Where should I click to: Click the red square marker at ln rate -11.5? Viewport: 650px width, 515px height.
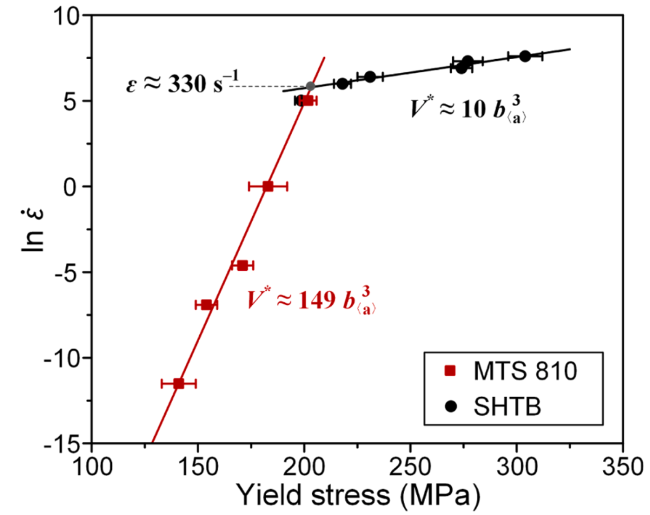[179, 383]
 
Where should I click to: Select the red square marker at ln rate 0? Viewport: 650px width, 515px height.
[268, 187]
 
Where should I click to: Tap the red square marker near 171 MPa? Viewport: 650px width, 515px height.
[243, 265]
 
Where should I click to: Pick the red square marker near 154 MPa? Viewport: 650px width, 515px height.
[206, 304]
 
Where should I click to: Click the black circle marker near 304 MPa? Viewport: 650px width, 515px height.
[525, 56]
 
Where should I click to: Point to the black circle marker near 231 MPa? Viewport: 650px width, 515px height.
[370, 76]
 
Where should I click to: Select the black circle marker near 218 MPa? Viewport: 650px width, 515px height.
[342, 84]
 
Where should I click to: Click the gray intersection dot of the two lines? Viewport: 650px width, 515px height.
[311, 86]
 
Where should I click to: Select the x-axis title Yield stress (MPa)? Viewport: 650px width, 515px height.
[357, 496]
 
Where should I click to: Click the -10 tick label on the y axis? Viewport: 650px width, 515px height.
[64, 358]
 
